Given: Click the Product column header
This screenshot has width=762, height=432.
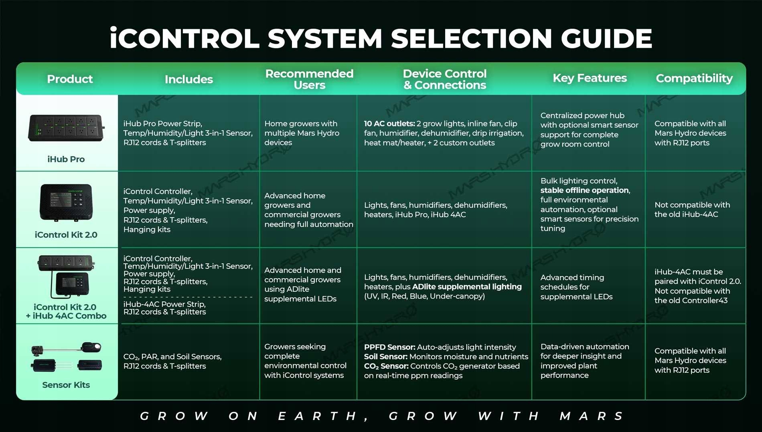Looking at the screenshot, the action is [70, 79].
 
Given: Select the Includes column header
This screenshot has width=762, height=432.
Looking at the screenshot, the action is [188, 79].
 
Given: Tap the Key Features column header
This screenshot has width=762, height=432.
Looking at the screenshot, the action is [590, 78].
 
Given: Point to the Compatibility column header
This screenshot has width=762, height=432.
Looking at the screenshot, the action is [694, 79].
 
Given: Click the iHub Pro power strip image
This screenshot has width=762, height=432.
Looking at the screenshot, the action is [66, 128].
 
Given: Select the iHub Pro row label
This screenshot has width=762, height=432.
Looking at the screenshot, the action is [66, 159].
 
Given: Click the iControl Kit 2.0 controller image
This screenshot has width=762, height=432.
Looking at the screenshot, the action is [66, 202].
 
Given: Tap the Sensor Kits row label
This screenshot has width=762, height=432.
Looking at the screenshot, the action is [66, 385].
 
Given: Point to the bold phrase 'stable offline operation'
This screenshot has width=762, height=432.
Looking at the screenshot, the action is [585, 190].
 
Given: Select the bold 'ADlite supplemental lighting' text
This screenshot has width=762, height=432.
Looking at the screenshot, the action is [467, 287].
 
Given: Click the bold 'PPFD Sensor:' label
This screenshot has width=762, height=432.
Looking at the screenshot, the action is [389, 347].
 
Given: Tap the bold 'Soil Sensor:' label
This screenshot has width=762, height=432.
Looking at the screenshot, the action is [386, 357].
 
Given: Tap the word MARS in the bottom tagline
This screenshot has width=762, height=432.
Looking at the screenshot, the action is [592, 416].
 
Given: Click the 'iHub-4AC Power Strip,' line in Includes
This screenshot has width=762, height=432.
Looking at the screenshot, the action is [164, 304].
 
